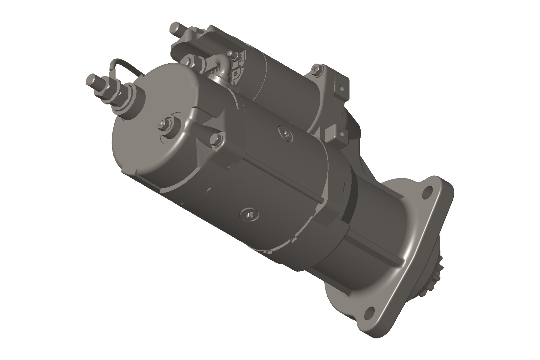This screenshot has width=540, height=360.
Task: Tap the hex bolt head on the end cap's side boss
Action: pyautogui.click(x=217, y=139)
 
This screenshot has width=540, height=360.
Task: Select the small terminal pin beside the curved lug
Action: pyautogui.click(x=232, y=55)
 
